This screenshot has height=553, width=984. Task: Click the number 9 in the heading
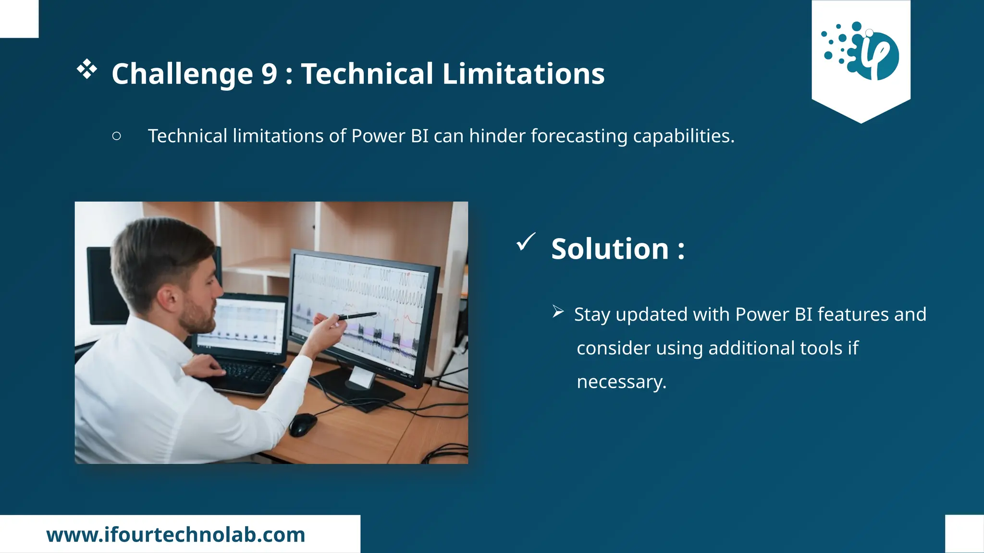270,74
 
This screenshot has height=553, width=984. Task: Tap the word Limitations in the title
523,74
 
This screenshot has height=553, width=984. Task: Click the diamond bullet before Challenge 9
87,70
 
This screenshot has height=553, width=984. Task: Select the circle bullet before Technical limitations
116,136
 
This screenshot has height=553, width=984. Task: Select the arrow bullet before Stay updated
558,312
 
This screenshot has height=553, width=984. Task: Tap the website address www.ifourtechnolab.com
176,535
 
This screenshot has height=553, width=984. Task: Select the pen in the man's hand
358,316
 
